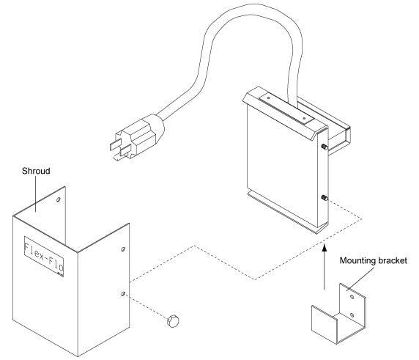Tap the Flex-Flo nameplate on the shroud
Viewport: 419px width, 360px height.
(43, 257)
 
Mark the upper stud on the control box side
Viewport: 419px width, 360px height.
(322, 147)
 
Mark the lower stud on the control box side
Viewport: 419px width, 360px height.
(322, 196)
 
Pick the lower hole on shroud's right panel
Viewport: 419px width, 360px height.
(122, 295)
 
